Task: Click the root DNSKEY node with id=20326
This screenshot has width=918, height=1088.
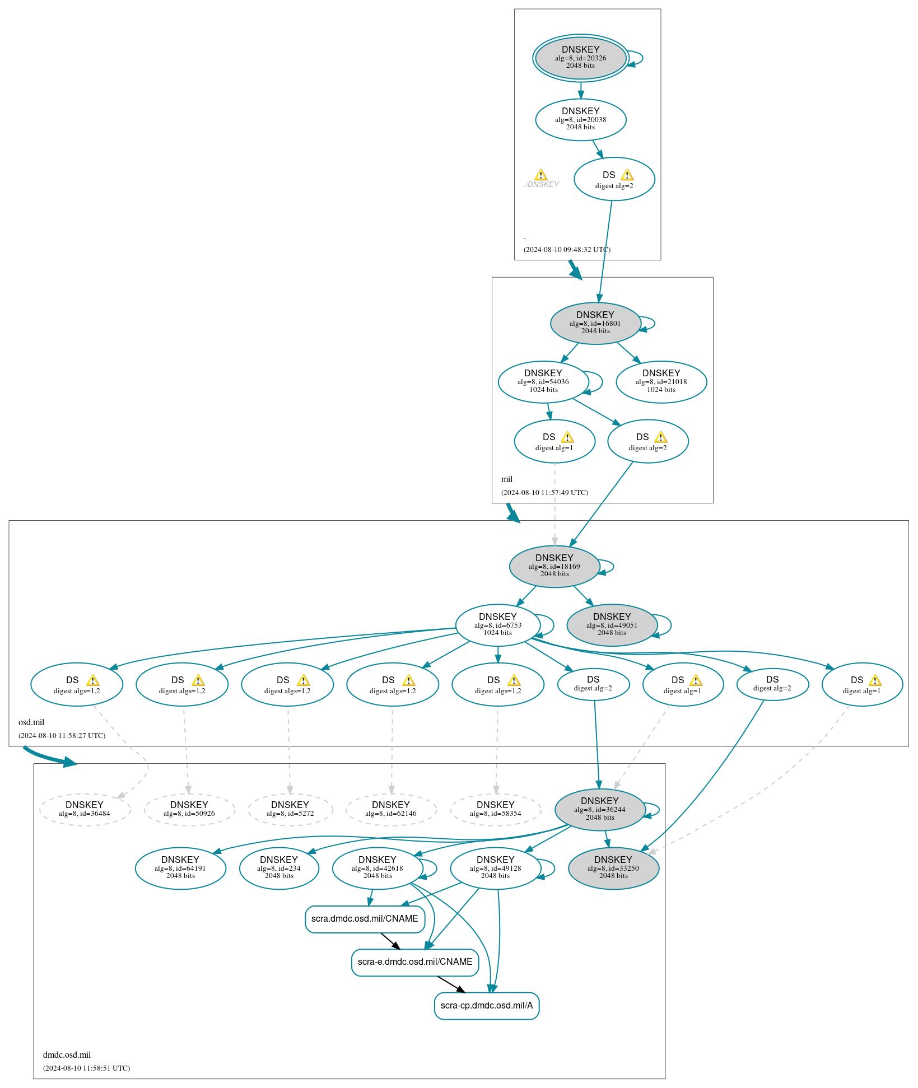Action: (x=580, y=58)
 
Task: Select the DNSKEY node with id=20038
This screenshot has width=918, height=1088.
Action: (x=580, y=119)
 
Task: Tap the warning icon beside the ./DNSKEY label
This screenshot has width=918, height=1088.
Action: (x=540, y=175)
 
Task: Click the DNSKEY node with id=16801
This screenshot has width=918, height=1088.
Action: (x=595, y=323)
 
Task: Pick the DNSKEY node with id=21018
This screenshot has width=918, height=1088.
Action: (x=661, y=381)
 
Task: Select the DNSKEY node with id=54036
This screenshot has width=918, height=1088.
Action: (x=543, y=381)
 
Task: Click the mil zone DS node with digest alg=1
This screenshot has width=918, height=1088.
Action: (x=554, y=441)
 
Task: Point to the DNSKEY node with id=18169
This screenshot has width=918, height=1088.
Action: (x=554, y=566)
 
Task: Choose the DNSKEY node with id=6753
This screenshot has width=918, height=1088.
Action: (x=497, y=625)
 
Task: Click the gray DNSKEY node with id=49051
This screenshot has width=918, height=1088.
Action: (x=612, y=625)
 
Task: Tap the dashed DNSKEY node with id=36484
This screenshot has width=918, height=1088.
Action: (x=85, y=809)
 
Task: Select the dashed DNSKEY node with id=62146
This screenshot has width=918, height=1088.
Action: (x=390, y=809)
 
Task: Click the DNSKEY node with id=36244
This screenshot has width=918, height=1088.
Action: (x=599, y=809)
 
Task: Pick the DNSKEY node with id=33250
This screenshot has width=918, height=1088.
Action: (x=613, y=868)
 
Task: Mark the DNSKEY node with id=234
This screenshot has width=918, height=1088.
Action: (x=278, y=868)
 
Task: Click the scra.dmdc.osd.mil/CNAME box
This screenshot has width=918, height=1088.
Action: (x=365, y=919)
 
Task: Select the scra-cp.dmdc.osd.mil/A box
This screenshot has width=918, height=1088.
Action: (x=486, y=1006)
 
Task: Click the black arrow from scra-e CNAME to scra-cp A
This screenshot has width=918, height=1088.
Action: (x=451, y=984)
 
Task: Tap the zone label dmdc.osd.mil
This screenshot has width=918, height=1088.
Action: (x=67, y=1055)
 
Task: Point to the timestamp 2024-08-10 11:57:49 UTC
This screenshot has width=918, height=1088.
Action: (x=544, y=493)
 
